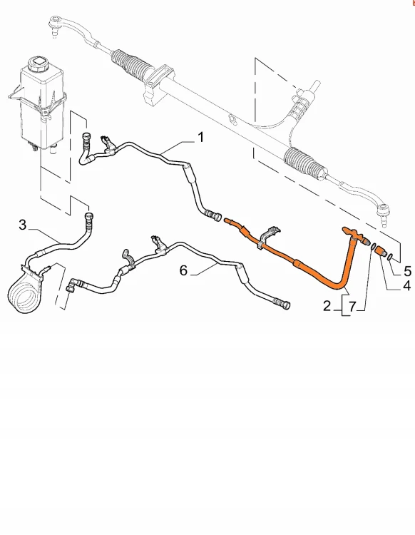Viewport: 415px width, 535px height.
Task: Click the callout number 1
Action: click(200, 138)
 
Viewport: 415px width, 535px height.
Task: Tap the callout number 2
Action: click(327, 306)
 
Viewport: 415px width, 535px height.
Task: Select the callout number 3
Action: click(23, 225)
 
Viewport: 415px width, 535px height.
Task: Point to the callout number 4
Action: click(406, 286)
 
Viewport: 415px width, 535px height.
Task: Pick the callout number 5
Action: click(407, 271)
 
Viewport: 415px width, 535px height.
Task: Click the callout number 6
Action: click(183, 270)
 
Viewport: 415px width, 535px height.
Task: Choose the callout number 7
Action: click(352, 307)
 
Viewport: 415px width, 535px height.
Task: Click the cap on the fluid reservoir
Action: click(39, 63)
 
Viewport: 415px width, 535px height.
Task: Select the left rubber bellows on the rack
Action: click(131, 63)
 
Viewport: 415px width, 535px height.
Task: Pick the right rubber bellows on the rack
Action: click(304, 163)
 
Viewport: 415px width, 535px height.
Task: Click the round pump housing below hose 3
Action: click(23, 293)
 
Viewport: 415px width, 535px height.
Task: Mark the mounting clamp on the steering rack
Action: click(158, 83)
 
